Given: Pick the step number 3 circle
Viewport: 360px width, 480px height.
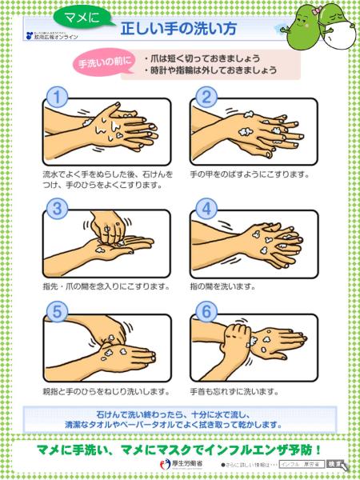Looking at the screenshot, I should coord(55,209).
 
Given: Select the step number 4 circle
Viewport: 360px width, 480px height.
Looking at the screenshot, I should coord(206,209).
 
